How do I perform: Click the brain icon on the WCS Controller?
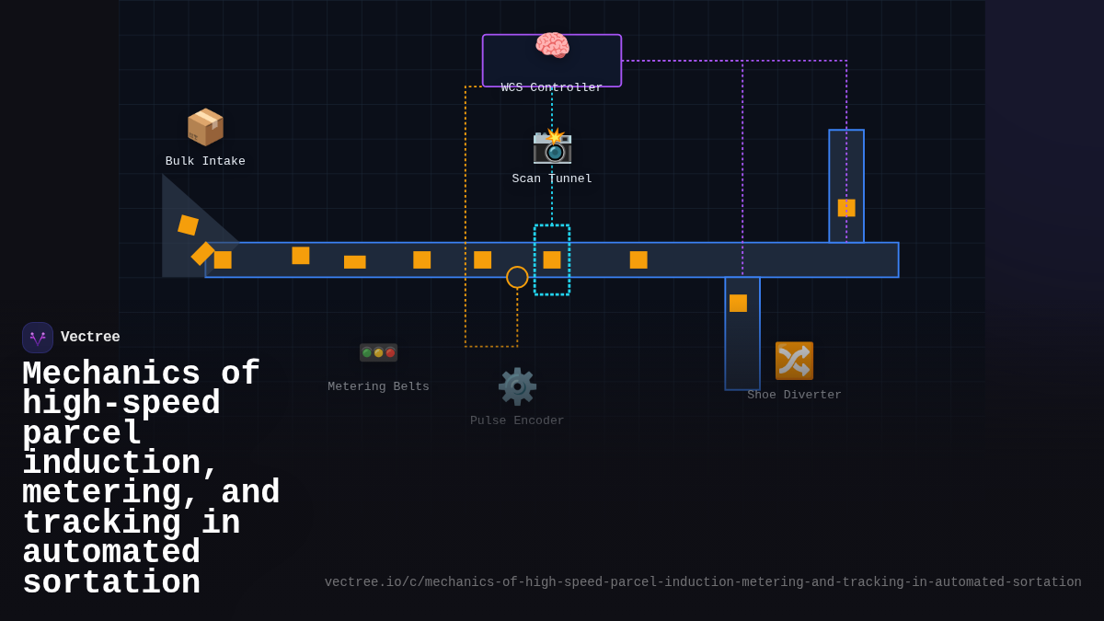552,45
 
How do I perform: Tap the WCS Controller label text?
552,88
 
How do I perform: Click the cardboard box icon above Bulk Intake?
205,127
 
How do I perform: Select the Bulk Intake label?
205,162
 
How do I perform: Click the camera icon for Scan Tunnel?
552,145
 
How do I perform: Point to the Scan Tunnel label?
552,179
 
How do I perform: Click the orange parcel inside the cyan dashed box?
552,260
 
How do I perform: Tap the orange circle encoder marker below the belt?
517,277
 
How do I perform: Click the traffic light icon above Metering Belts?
378,352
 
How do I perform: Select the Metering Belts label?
378,387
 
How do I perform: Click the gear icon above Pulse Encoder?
517,386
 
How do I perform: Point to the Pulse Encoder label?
517,421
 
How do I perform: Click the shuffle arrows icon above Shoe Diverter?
794,361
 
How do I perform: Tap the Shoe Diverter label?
794,396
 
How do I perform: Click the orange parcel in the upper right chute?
846,208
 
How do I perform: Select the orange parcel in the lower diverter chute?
738,304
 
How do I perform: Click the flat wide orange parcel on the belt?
355,262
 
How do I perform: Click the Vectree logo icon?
38,338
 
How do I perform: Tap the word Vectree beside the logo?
90,338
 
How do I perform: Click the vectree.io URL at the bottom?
703,582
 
